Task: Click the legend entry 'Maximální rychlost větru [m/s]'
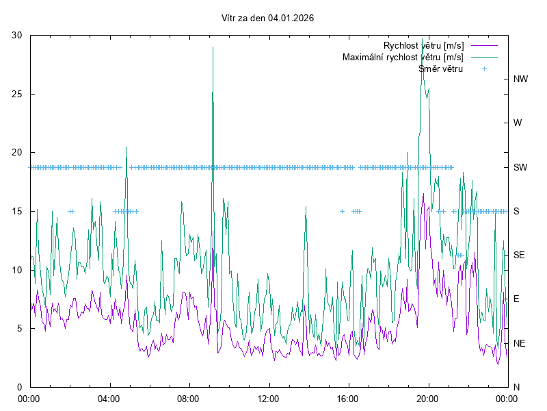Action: (x=403, y=57)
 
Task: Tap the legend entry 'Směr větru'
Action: (x=440, y=68)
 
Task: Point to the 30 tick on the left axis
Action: (x=17, y=36)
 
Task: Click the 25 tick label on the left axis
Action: (x=17, y=94)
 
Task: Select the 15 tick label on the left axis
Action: (x=17, y=211)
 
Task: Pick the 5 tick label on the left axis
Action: (x=20, y=328)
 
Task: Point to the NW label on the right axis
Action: (x=520, y=79)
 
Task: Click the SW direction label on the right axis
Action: (x=520, y=167)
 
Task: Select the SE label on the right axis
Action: (x=519, y=255)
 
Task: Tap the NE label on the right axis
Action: (x=519, y=343)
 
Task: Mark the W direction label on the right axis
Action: (x=518, y=123)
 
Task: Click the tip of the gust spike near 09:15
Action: (x=213, y=47)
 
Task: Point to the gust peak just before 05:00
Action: (x=126, y=147)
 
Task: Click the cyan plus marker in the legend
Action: (x=484, y=68)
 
